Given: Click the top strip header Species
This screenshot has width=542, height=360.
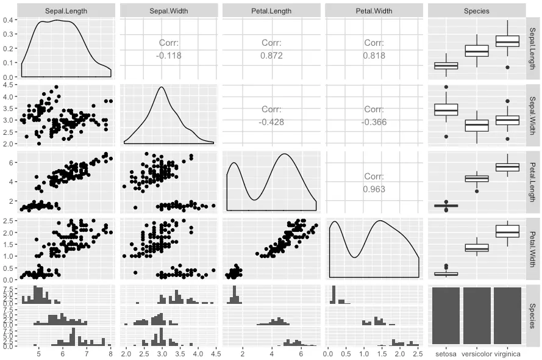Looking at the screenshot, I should pyautogui.click(x=476, y=10).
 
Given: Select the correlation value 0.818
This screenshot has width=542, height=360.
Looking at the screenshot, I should pyautogui.click(x=374, y=55).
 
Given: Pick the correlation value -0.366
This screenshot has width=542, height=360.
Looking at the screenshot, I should pyautogui.click(x=374, y=121).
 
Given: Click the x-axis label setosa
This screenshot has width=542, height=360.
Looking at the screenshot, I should pyautogui.click(x=446, y=354).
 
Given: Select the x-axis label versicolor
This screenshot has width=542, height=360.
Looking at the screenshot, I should pyautogui.click(x=476, y=354).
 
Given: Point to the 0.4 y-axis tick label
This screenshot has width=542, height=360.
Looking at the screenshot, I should pyautogui.click(x=10, y=20).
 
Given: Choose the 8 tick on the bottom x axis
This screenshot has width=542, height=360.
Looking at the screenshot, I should pyautogui.click(x=110, y=354).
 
